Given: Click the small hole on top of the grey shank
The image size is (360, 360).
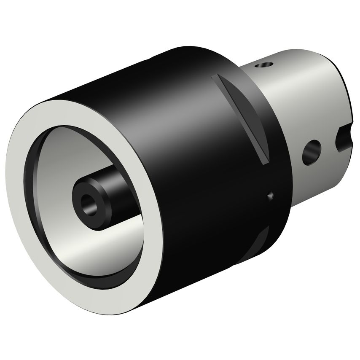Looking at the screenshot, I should pos(264,65).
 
